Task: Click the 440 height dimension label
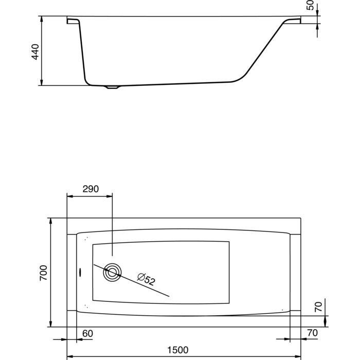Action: coord(35,52)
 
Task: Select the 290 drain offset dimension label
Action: coord(91,189)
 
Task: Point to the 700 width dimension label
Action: coord(43,273)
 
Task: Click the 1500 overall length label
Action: coord(178,350)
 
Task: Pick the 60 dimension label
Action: coord(87,334)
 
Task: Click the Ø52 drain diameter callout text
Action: coord(146,279)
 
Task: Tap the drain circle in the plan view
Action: coord(112,273)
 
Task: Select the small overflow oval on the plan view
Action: coord(80,273)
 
